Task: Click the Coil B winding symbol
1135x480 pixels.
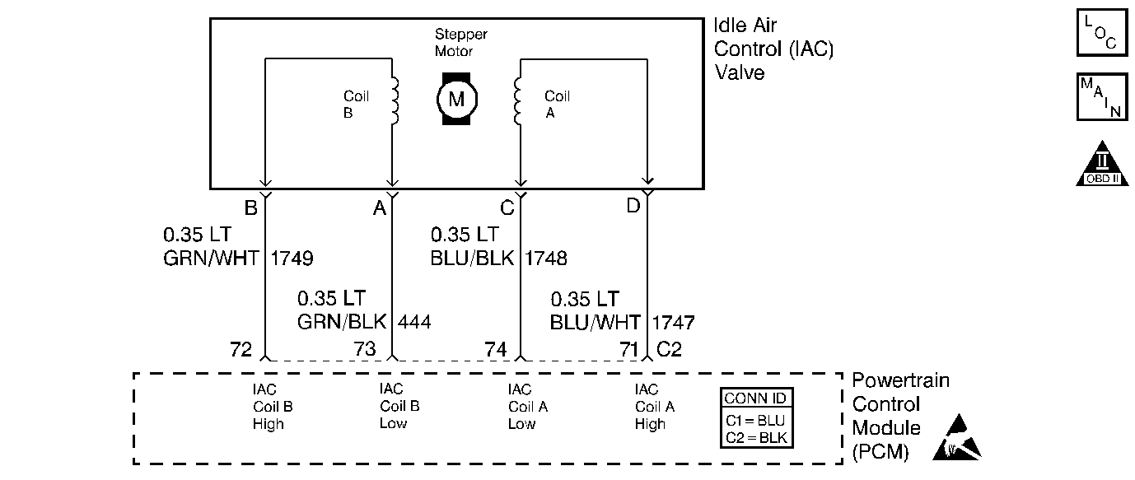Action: tap(395, 102)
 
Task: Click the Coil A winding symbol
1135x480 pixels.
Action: tap(517, 102)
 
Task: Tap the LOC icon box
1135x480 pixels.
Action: tap(1101, 32)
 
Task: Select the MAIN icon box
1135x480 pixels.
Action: tap(1101, 97)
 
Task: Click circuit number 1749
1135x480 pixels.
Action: tap(292, 259)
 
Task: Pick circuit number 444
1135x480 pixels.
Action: tap(414, 321)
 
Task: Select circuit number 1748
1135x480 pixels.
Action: tap(545, 259)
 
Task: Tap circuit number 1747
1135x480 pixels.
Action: tap(673, 321)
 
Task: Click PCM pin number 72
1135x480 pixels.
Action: tap(242, 349)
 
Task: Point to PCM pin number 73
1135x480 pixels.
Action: tap(365, 349)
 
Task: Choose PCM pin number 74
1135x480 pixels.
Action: tap(495, 349)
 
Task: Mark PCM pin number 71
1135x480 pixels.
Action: tap(628, 349)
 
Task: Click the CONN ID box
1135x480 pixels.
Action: tap(756, 418)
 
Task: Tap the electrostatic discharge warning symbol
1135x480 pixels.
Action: tap(958, 437)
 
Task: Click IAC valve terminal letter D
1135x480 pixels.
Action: tap(633, 206)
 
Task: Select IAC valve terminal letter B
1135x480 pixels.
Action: tap(250, 208)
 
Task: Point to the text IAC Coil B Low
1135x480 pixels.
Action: tap(399, 407)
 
